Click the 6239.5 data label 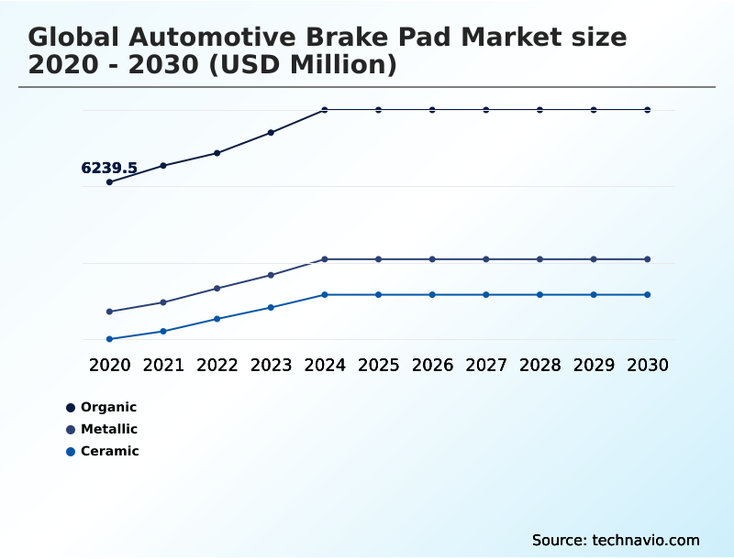point(109,168)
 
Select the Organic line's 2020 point point(109,182)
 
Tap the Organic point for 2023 point(271,133)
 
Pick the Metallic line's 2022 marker point(217,289)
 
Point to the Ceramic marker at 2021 point(163,331)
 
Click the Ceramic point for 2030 point(648,295)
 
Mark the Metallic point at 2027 point(486,259)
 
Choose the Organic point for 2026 point(432,110)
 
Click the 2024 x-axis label point(325,366)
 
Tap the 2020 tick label point(109,366)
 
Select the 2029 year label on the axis point(594,366)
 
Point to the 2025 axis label point(378,366)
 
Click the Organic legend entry point(108,407)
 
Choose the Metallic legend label point(109,429)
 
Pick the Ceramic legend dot point(71,452)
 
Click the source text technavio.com point(616,540)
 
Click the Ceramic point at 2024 point(325,295)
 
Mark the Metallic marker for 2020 point(109,312)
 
